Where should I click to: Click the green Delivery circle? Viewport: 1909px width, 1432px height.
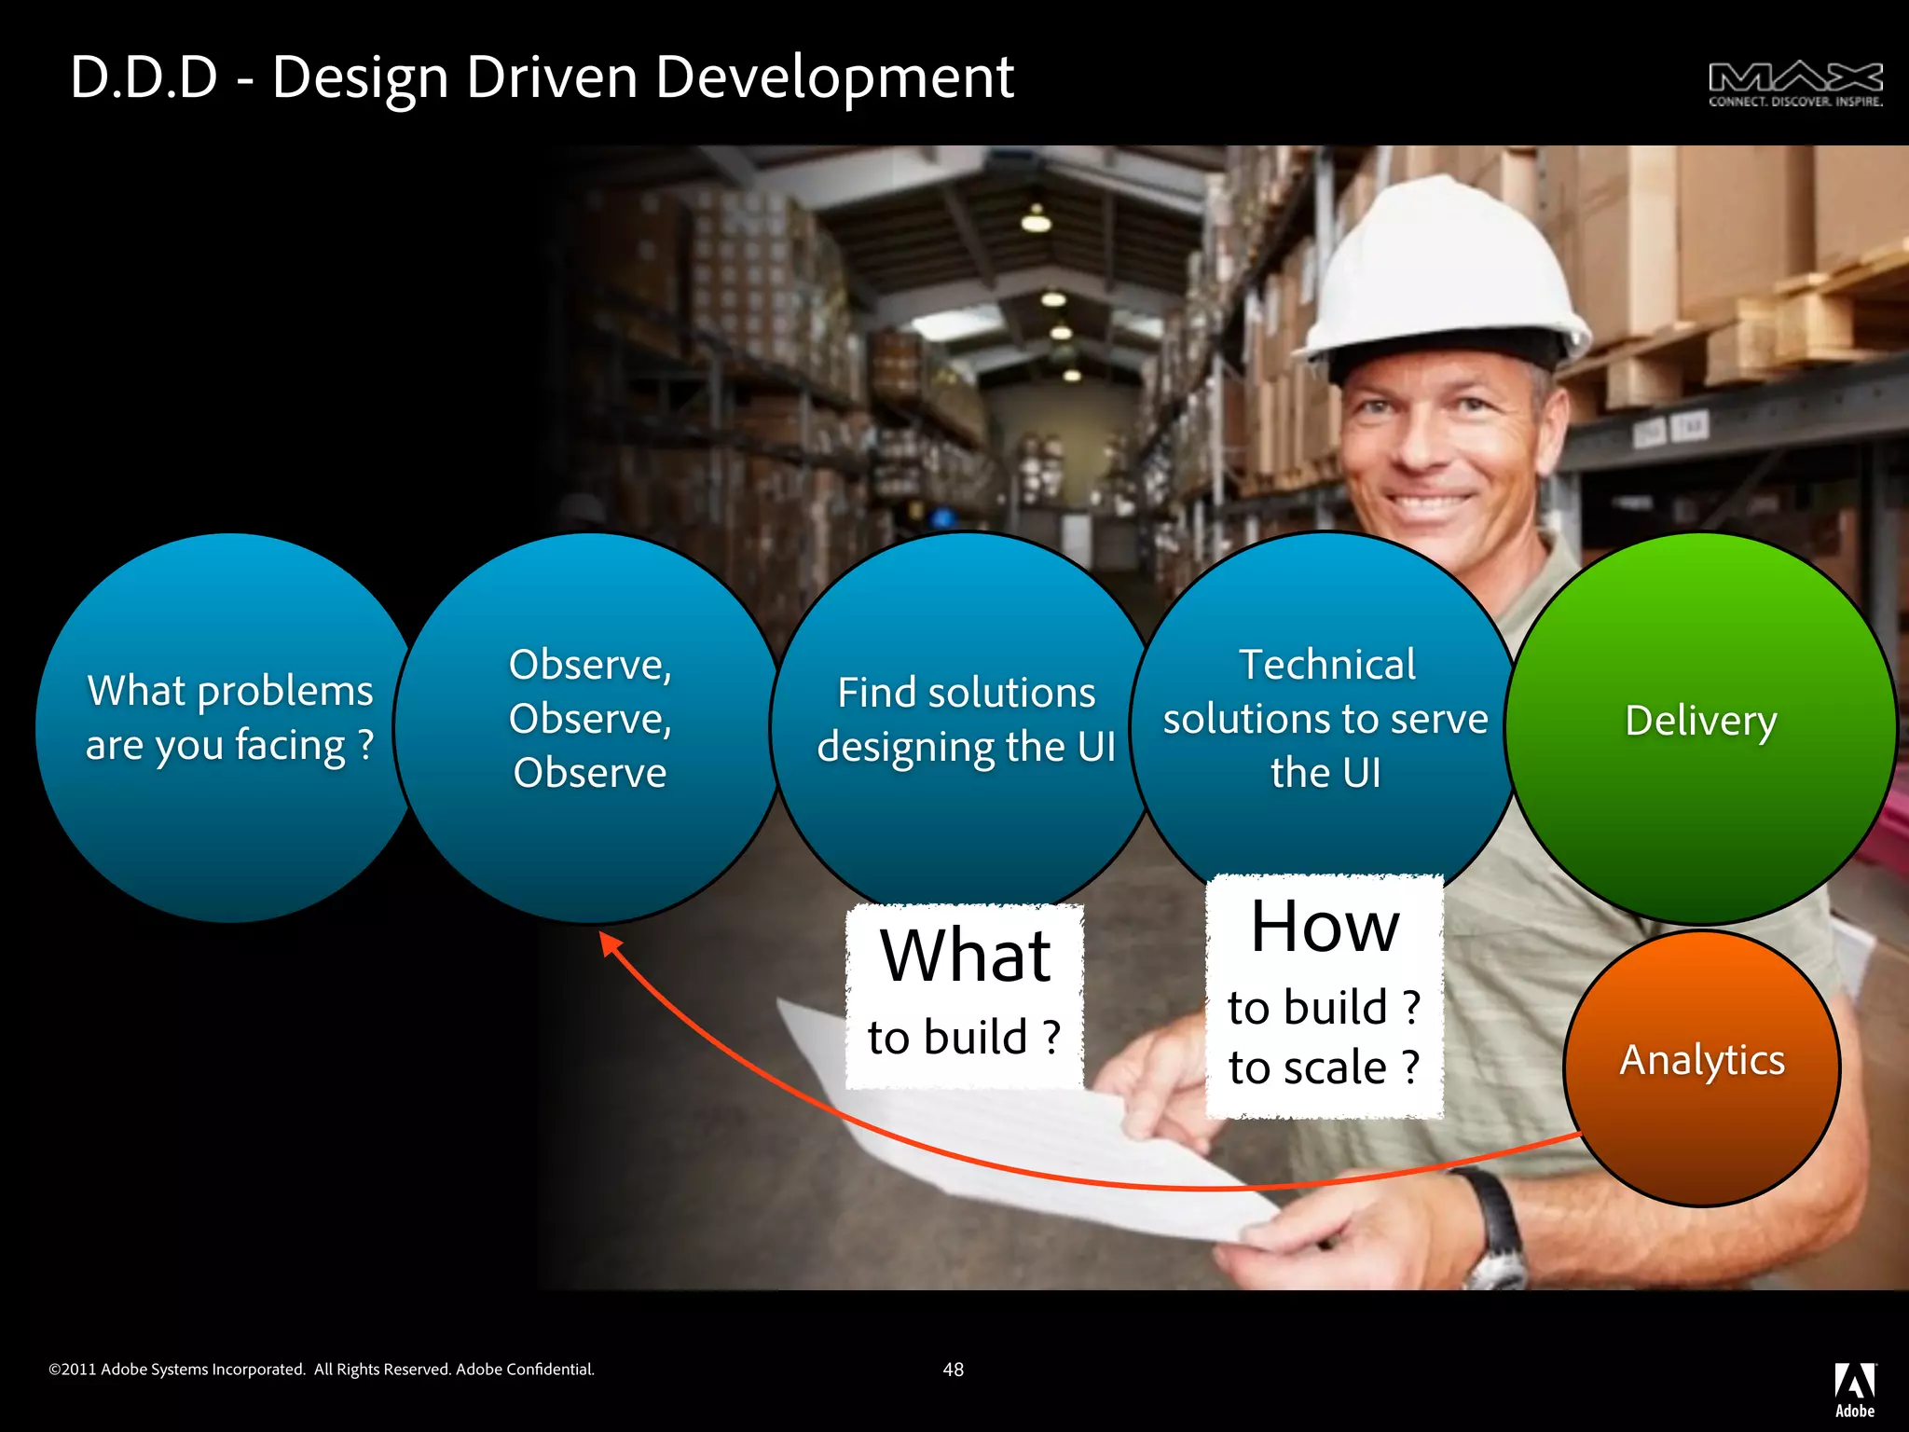1700,727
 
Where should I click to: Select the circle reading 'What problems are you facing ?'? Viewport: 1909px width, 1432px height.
229,727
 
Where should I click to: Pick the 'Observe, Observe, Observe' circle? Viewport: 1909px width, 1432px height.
590,727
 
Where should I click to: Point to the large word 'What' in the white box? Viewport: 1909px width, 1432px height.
966,957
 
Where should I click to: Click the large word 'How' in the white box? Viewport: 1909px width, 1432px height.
1325,927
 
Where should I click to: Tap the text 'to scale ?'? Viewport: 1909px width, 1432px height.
1325,1067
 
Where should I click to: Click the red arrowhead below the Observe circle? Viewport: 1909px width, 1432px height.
611,943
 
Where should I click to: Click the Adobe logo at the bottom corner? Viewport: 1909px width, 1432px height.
1854,1389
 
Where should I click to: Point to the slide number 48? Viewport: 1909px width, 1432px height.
953,1370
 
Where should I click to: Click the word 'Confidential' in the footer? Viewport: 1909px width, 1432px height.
550,1370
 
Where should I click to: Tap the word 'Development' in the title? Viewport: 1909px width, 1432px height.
833,78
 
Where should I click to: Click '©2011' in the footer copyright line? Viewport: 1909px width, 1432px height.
72,1370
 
